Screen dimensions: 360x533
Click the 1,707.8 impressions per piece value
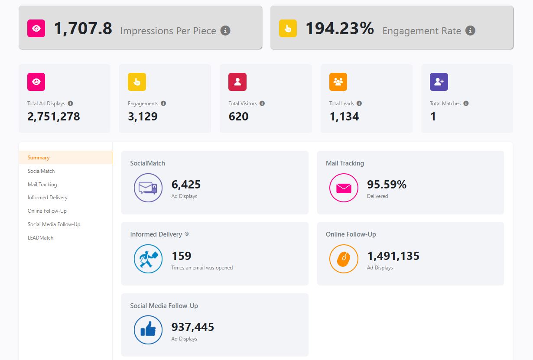83,29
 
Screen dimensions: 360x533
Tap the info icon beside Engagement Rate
470,31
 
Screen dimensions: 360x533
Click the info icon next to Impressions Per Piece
225,31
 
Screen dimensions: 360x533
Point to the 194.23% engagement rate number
339,29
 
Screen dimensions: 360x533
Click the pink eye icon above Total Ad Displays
36,82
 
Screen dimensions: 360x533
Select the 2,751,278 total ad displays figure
54,117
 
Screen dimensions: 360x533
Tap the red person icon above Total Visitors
237,82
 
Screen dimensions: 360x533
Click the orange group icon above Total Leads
338,82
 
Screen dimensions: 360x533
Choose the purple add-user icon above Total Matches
439,82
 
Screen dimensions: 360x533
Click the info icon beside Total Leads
359,104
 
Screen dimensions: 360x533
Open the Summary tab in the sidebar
39,158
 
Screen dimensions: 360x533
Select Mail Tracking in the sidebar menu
42,185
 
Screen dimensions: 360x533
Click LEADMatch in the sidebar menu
40,238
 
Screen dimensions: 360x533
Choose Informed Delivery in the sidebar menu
48,198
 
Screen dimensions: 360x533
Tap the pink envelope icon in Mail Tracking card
344,188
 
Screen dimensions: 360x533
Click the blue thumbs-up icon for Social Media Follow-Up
148,330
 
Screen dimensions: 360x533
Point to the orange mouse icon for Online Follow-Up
344,259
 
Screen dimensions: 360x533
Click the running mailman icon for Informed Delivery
148,259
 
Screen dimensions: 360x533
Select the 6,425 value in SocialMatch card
186,185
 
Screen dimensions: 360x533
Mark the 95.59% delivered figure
387,185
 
